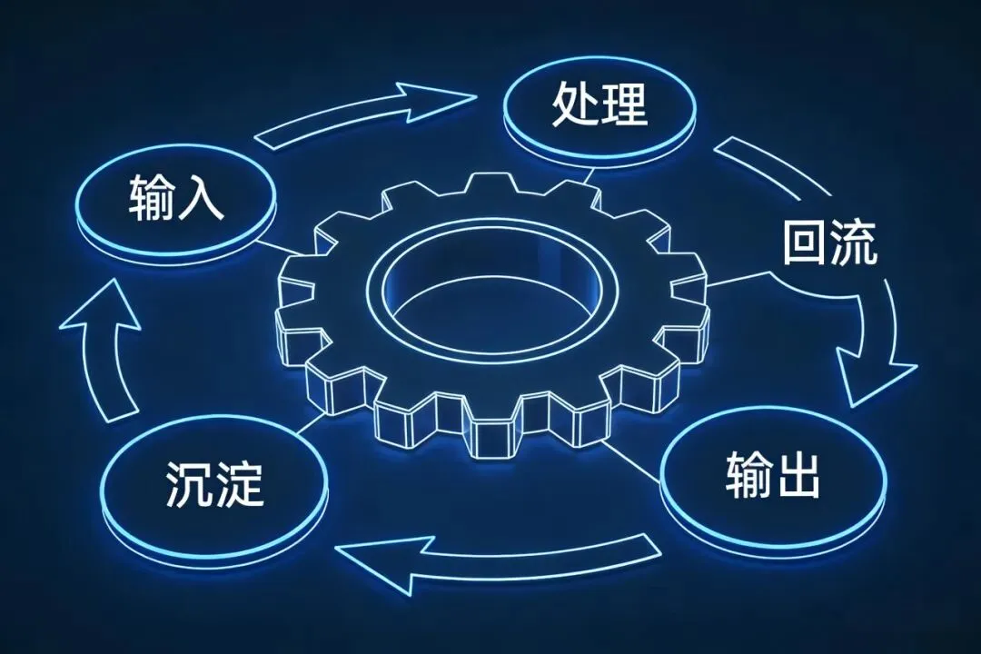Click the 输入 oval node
[x=177, y=204]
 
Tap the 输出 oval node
[x=772, y=477]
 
